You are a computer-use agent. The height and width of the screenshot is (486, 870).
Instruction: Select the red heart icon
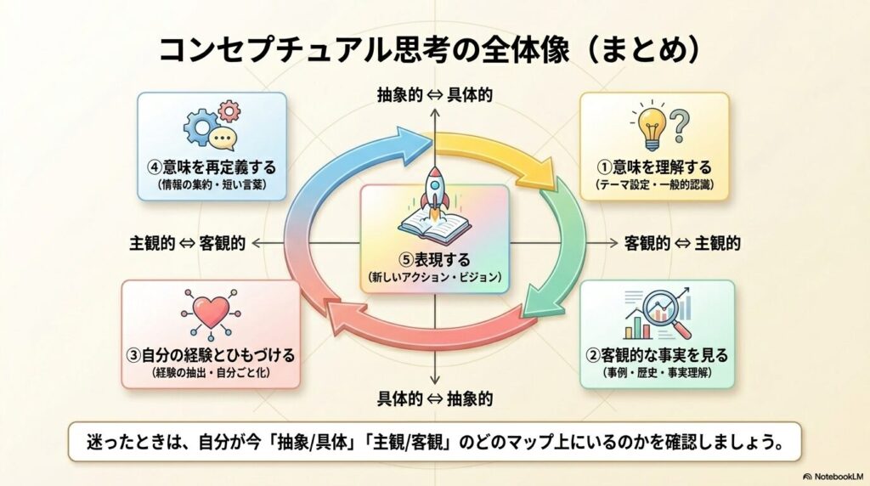pos(211,313)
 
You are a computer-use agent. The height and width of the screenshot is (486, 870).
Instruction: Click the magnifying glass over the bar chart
pos(666,313)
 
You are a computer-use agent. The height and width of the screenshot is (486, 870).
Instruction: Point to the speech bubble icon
pos(223,138)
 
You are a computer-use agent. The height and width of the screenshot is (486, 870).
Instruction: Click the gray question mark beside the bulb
pos(681,126)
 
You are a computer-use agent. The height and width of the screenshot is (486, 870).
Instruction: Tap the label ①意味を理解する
pos(654,167)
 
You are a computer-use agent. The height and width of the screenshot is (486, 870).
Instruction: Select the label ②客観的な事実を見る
pos(658,355)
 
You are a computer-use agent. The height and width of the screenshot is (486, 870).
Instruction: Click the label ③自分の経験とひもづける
pos(211,355)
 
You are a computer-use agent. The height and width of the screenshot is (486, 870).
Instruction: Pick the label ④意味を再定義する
pos(212,167)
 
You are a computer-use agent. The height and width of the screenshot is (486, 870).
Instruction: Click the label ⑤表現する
pos(434,259)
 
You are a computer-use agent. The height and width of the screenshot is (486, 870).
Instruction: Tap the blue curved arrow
pos(333,172)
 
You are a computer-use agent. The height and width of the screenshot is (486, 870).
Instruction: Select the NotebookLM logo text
pos(833,477)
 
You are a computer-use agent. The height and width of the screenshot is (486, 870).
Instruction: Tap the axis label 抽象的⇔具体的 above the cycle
pos(434,95)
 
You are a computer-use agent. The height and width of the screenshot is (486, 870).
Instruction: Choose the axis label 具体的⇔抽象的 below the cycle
pos(434,398)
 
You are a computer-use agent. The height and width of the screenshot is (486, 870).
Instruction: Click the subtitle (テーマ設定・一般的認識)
pos(654,185)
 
